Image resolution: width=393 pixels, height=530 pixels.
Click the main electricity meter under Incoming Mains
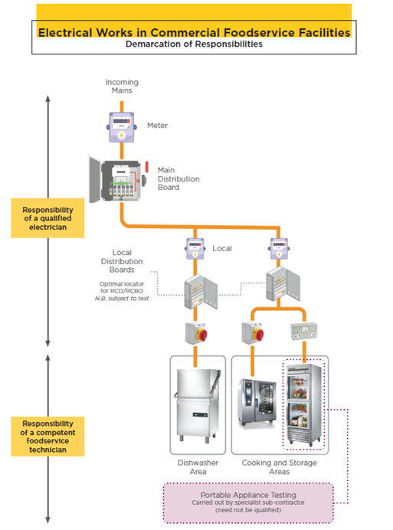tap(121, 127)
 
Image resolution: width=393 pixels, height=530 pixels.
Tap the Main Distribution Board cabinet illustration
tap(119, 179)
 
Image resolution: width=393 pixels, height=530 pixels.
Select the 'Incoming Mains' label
tap(122, 87)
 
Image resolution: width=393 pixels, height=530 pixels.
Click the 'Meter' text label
tap(157, 126)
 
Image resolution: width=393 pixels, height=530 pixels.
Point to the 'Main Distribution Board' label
tap(178, 178)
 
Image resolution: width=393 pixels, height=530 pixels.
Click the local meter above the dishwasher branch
tap(195, 249)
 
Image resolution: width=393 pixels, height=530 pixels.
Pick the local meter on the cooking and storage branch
tap(279, 249)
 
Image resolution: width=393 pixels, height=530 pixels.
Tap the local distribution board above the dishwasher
tap(201, 292)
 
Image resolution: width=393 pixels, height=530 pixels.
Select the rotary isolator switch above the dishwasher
tap(196, 333)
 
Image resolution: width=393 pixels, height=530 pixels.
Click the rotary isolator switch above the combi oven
tap(253, 333)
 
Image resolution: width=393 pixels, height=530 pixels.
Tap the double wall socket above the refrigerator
tap(304, 331)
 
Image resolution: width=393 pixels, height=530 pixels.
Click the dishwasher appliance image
tap(198, 405)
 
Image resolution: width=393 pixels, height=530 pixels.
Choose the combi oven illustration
tap(257, 404)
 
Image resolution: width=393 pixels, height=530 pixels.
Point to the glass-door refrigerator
tap(303, 404)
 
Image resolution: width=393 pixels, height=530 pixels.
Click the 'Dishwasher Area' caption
tap(198, 467)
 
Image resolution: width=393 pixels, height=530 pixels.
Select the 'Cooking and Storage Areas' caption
tap(280, 467)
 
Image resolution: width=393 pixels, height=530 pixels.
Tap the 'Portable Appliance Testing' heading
tap(248, 495)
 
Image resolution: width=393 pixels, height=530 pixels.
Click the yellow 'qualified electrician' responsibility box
tap(47, 218)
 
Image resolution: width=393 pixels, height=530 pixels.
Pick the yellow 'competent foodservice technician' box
tap(47, 437)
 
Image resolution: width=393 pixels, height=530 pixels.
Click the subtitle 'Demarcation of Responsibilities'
tap(194, 44)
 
